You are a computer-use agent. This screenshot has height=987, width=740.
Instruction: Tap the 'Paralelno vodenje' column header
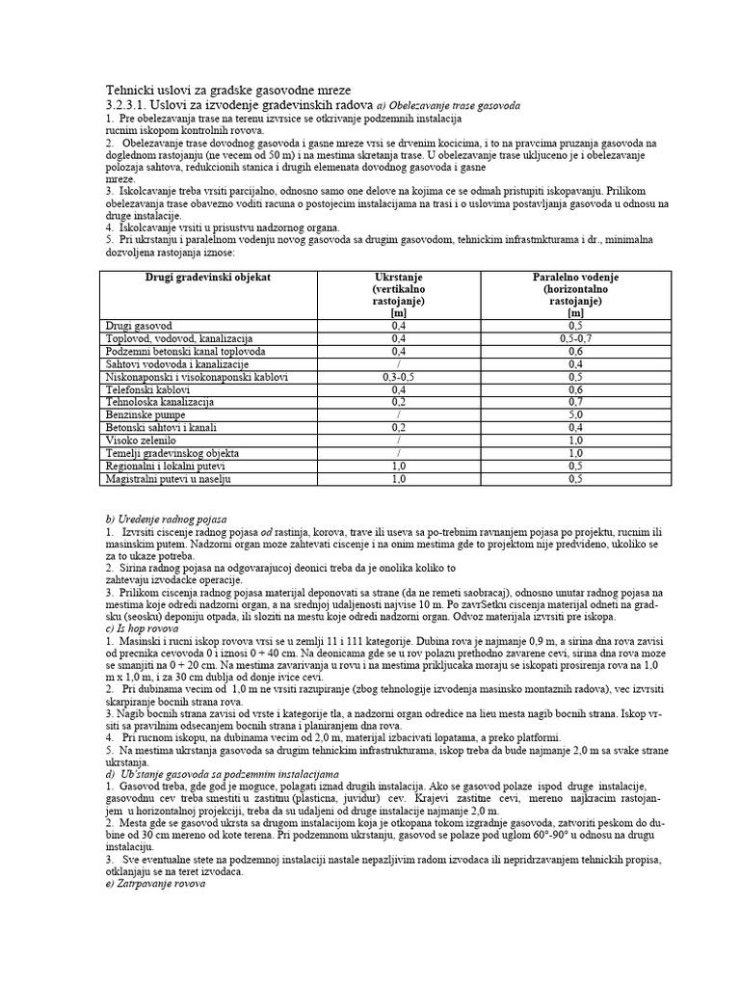(x=575, y=277)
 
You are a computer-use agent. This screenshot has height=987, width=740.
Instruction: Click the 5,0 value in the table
(x=575, y=414)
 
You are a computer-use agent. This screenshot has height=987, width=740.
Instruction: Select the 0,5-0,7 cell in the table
(x=575, y=339)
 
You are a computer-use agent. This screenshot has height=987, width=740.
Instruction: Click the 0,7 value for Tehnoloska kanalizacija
(x=575, y=402)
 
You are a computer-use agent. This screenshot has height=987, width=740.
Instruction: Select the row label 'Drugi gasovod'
(x=137, y=327)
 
